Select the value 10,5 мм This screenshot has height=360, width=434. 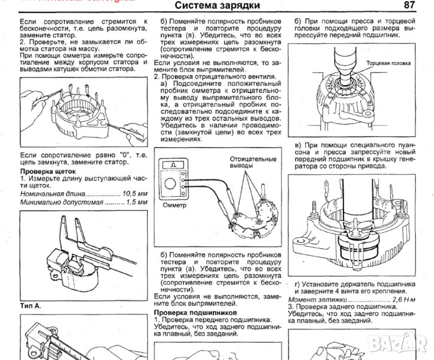pyautogui.click(x=135, y=195)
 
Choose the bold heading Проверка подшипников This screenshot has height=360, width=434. pyautogui.click(x=195, y=313)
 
